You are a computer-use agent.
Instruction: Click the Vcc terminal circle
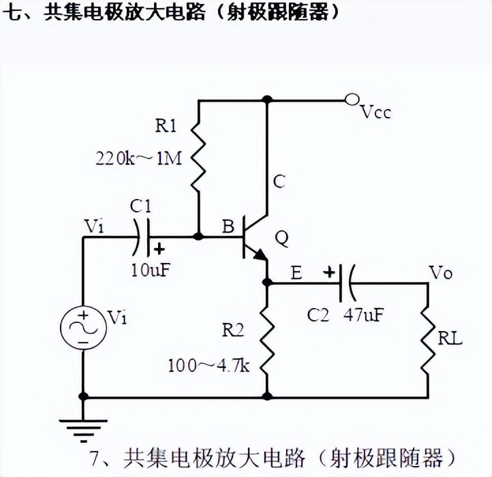tap(352, 100)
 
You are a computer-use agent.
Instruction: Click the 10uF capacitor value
tap(149, 268)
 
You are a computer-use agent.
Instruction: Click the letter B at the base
tap(227, 227)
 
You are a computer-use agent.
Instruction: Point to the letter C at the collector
tap(279, 181)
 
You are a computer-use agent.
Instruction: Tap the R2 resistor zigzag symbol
tap(267, 337)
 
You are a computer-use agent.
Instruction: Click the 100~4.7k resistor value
tap(209, 365)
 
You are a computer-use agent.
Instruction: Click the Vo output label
tap(440, 273)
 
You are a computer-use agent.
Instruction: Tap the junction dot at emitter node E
tap(267, 282)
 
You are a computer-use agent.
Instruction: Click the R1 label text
tap(166, 125)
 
